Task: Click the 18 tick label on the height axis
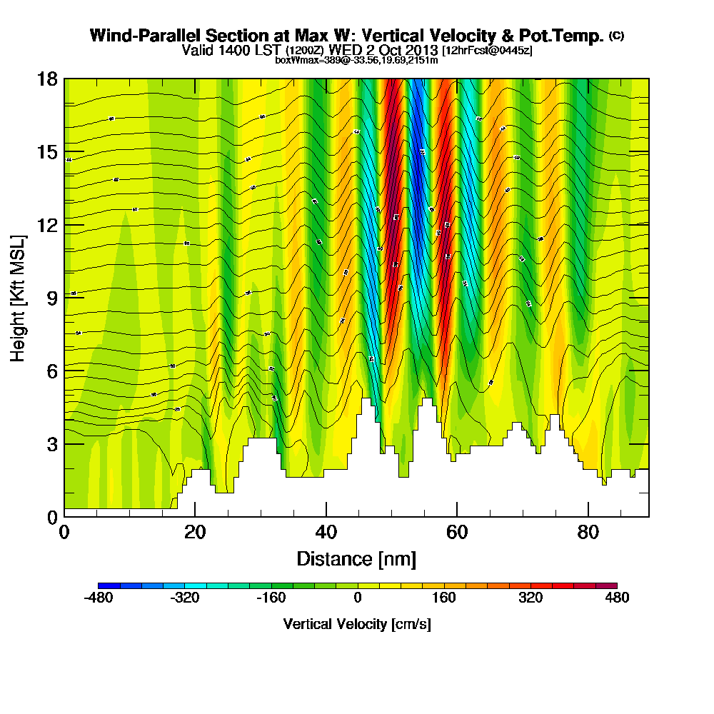48,79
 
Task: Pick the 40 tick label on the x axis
326,532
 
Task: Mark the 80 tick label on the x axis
588,532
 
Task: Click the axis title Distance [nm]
356,558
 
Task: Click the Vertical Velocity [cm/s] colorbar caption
357,624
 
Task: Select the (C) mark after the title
616,35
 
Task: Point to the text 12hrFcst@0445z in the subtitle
487,51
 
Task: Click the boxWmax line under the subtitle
356,60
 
